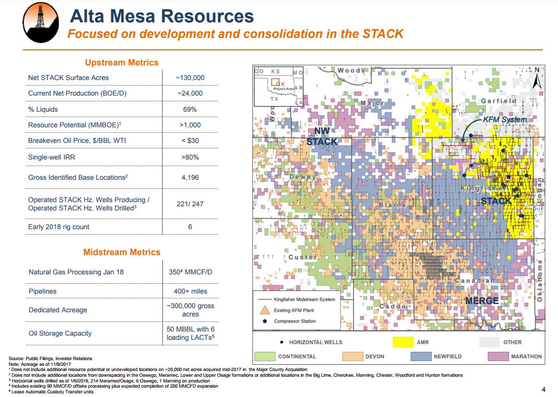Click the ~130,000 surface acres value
point(190,77)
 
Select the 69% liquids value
point(190,109)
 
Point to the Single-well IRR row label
point(54,157)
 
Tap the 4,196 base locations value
point(191,177)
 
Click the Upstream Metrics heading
point(121,62)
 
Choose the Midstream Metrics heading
point(122,252)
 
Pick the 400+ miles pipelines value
point(190,292)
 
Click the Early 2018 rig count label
point(59,227)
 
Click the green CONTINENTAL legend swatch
point(264,356)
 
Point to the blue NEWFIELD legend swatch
point(421,356)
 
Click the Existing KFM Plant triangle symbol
point(265,310)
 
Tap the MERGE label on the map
point(481,301)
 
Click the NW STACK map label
point(322,136)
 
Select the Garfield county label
point(498,100)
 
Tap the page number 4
point(543,390)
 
